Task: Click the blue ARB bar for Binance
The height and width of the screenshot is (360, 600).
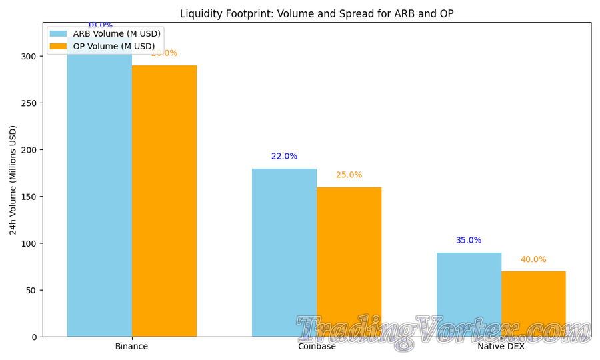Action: coord(99,200)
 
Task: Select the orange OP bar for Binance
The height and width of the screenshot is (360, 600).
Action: coord(164,201)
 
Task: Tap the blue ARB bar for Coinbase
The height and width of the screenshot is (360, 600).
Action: coord(284,253)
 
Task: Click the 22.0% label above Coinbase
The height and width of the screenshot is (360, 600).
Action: coord(284,157)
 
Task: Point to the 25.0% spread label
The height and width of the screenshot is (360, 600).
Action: coord(349,175)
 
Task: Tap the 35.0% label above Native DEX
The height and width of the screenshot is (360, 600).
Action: coord(469,241)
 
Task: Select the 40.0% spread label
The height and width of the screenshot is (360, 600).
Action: coord(533,259)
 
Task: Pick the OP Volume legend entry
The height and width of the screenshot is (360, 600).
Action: coord(114,46)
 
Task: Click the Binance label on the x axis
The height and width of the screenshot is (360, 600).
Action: coord(131,347)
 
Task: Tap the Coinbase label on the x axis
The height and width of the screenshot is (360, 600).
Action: coord(317,347)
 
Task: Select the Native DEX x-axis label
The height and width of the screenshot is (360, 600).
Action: coord(501,347)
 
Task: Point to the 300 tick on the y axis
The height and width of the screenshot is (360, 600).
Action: coord(29,56)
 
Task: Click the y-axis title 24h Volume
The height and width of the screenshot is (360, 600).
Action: coord(13,180)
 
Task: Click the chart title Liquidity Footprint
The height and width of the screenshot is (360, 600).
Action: coord(317,14)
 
